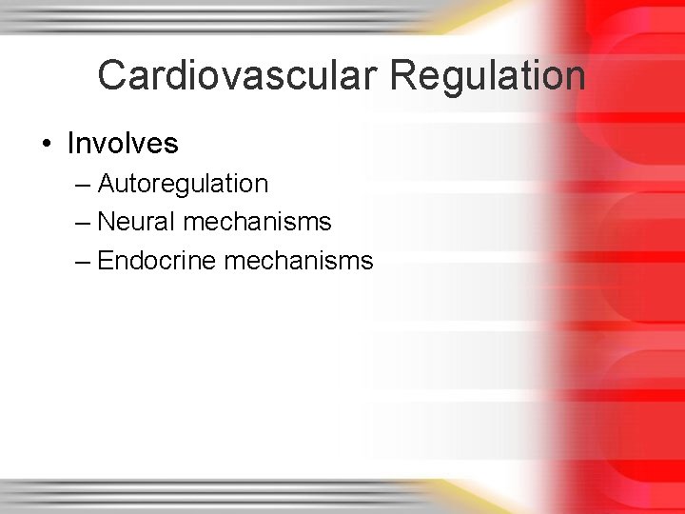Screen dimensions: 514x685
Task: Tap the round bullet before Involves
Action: pyautogui.click(x=47, y=144)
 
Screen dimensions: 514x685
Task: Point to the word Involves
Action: pyautogui.click(x=123, y=144)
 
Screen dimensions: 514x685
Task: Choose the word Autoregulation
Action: pyautogui.click(x=183, y=183)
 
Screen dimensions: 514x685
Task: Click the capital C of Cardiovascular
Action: pyautogui.click(x=112, y=75)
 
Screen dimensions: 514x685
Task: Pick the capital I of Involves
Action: pyautogui.click(x=70, y=144)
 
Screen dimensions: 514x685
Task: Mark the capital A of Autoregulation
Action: pyautogui.click(x=106, y=183)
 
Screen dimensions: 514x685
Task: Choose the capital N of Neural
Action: pyautogui.click(x=106, y=222)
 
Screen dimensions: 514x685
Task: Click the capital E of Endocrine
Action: pyautogui.click(x=105, y=260)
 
